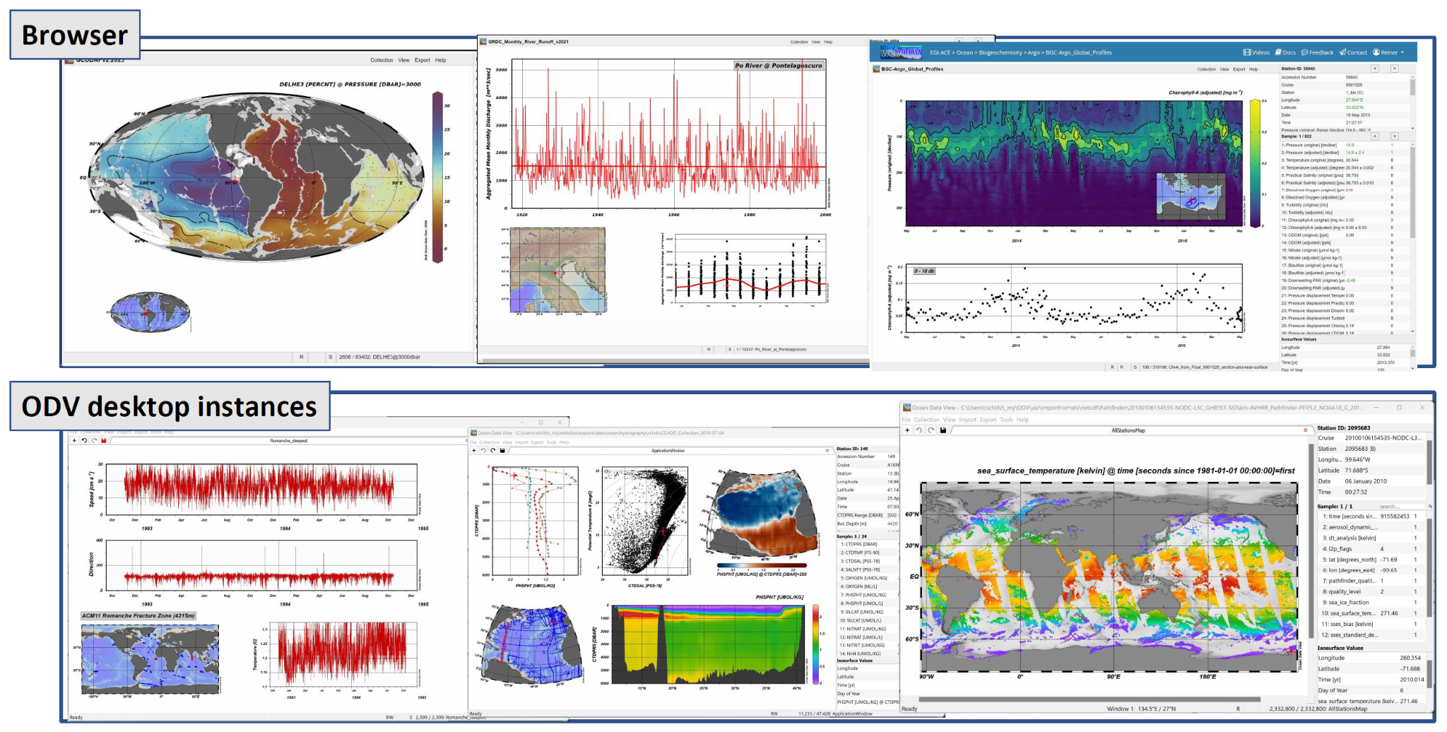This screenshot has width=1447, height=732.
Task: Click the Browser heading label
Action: (x=74, y=35)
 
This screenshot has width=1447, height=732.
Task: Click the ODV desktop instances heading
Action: (x=169, y=406)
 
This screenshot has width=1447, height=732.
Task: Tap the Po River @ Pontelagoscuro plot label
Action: (x=778, y=66)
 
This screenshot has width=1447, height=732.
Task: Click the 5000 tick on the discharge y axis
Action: (x=501, y=70)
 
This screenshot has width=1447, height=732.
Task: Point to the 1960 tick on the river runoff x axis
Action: (x=673, y=215)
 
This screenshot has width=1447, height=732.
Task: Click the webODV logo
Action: (x=900, y=52)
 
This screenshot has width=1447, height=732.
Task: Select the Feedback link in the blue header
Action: (x=1317, y=52)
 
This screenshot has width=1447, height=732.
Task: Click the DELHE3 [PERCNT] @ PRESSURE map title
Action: (x=350, y=84)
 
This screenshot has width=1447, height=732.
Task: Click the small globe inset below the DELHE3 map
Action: (x=150, y=312)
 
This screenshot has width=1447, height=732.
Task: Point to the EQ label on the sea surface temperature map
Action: (x=914, y=577)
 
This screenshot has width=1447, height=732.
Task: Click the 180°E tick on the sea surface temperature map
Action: (x=1207, y=677)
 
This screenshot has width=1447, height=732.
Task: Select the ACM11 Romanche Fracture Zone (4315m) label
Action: (x=138, y=615)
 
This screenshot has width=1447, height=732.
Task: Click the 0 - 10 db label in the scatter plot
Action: (x=924, y=271)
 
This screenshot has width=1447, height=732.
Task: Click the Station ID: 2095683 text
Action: (x=1343, y=428)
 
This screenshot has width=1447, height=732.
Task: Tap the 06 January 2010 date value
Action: (x=1365, y=481)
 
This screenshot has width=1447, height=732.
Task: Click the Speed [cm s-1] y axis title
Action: (x=91, y=489)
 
